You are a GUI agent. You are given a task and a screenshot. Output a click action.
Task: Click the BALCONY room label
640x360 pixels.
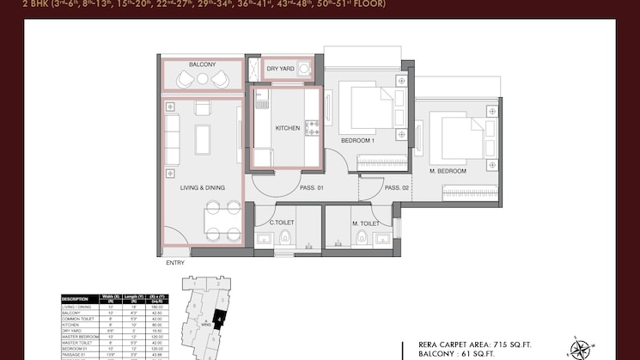[202, 64]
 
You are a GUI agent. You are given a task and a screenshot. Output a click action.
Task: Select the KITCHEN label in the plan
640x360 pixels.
[287, 128]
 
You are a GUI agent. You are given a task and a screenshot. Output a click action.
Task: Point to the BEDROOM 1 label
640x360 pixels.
[357, 140]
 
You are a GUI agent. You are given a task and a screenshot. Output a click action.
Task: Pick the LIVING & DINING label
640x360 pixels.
[202, 187]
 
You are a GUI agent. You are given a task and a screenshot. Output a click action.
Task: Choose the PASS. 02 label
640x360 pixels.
[396, 187]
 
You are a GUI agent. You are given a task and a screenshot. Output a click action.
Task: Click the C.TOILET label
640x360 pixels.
[282, 222]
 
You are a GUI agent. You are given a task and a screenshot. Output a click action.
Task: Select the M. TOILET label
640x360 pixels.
[365, 222]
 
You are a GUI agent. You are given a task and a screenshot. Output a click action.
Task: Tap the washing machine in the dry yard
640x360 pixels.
[303, 70]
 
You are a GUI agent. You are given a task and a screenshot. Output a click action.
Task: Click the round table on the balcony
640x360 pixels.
[203, 78]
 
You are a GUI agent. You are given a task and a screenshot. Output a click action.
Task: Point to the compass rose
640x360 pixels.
[582, 349]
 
